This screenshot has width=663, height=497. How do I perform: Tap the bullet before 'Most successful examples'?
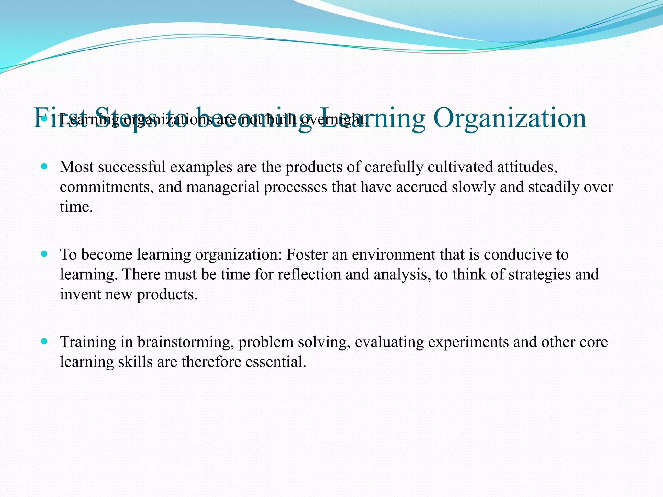tap(45, 167)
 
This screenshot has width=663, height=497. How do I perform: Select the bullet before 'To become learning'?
tap(45, 254)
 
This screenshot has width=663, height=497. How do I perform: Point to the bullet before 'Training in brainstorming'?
tap(45, 341)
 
